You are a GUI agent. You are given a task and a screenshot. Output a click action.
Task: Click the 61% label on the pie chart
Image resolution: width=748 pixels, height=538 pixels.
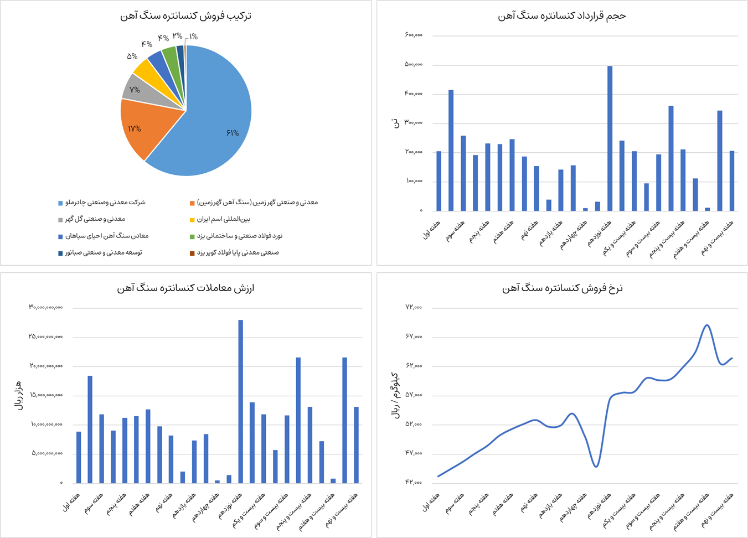point(233,133)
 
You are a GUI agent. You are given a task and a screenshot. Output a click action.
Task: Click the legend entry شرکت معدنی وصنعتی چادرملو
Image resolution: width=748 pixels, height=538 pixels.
point(105,203)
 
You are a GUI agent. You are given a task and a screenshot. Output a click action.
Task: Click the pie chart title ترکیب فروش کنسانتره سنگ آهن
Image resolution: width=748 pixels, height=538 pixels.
point(186,16)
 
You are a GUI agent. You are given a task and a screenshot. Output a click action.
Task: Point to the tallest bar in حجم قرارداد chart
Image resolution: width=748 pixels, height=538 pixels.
point(610,138)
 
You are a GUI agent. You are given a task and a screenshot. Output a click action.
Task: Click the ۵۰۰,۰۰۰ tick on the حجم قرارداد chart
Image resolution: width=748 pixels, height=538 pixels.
point(414,65)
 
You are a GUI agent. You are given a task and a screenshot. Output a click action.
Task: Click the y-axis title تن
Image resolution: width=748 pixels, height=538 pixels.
point(395,123)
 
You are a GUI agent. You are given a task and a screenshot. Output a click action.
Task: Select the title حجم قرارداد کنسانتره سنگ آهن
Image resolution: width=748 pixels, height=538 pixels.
point(562,16)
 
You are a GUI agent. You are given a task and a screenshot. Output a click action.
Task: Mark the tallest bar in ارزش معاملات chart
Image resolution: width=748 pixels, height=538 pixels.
point(240,401)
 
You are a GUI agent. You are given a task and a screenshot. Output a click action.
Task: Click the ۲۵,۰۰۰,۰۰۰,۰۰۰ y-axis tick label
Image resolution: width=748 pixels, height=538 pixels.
point(46,337)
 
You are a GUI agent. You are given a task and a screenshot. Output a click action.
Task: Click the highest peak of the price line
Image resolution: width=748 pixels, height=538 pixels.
point(706,325)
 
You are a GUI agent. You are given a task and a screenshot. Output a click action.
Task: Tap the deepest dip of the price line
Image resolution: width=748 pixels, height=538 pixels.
point(596,467)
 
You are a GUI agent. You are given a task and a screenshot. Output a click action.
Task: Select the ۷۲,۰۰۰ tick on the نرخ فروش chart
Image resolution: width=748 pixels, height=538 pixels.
point(414,307)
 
